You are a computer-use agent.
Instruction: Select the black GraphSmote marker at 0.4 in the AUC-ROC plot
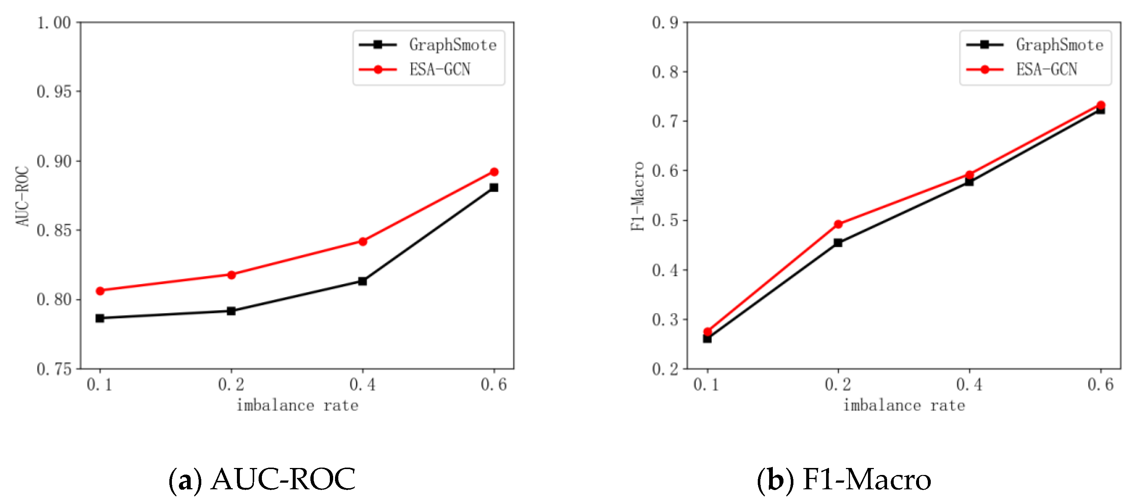tap(363, 281)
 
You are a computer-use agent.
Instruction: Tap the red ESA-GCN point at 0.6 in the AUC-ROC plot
tap(494, 172)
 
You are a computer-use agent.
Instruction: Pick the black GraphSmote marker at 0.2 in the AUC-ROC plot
tap(231, 311)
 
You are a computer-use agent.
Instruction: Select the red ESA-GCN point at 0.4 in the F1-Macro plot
tap(969, 175)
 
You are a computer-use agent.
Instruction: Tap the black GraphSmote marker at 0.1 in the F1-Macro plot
tap(707, 339)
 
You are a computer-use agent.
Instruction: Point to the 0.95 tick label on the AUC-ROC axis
tap(54, 92)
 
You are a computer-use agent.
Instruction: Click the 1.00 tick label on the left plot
tap(54, 22)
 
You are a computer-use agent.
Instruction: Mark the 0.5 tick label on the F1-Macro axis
tap(665, 220)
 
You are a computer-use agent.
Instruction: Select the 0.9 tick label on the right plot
tap(665, 22)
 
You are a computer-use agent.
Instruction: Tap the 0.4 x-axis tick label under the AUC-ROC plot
tap(362, 385)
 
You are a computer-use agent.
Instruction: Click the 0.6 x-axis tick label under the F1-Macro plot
tap(1100, 385)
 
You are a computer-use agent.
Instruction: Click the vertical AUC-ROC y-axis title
tap(22, 196)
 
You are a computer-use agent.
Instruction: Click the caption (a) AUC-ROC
tap(262, 479)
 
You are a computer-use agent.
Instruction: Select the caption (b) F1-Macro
tap(844, 479)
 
